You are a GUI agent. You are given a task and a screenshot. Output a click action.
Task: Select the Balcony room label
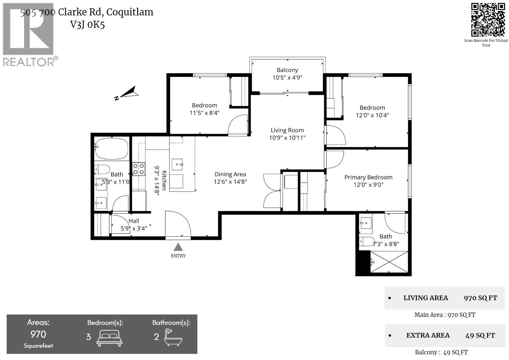(x=287, y=70)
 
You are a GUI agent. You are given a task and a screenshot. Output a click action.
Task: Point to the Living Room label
(x=287, y=130)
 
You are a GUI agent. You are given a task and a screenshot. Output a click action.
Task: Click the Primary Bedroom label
(x=368, y=177)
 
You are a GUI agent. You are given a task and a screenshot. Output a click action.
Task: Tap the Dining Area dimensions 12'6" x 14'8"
(x=230, y=182)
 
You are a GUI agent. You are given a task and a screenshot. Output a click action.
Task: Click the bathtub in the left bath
(x=112, y=148)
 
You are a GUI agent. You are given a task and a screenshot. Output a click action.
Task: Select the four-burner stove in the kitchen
(x=138, y=169)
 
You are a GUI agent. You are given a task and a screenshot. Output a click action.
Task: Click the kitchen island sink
(x=177, y=164)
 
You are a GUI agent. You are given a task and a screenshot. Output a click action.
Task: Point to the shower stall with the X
(x=389, y=262)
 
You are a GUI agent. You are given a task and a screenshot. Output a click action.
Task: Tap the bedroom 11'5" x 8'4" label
(x=204, y=109)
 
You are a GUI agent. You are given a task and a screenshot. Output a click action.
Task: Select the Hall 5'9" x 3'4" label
(x=134, y=225)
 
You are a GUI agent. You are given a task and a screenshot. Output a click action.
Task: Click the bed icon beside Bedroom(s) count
(x=110, y=337)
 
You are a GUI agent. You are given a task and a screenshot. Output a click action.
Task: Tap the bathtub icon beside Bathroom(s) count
(x=173, y=337)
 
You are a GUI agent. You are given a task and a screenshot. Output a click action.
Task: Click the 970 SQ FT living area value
(x=480, y=298)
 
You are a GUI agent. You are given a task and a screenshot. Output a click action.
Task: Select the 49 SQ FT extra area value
(x=480, y=335)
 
